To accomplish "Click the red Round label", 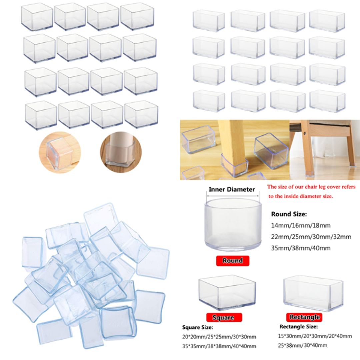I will (233, 261).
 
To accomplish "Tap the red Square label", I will (224, 317).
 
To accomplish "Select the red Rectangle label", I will (304, 317).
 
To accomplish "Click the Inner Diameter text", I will (232, 189).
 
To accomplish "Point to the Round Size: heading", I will (289, 214).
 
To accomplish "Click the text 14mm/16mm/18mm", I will (301, 225).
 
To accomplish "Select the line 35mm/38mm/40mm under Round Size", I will (301, 248).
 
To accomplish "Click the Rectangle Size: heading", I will (298, 327).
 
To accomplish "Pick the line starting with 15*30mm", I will (315, 336).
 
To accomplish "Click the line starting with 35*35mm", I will (219, 346).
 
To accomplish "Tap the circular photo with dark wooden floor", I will (121, 152).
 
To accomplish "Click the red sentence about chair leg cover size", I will (311, 191).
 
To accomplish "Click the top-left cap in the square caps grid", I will (37, 17).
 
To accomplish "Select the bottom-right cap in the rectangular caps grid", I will (327, 101).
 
